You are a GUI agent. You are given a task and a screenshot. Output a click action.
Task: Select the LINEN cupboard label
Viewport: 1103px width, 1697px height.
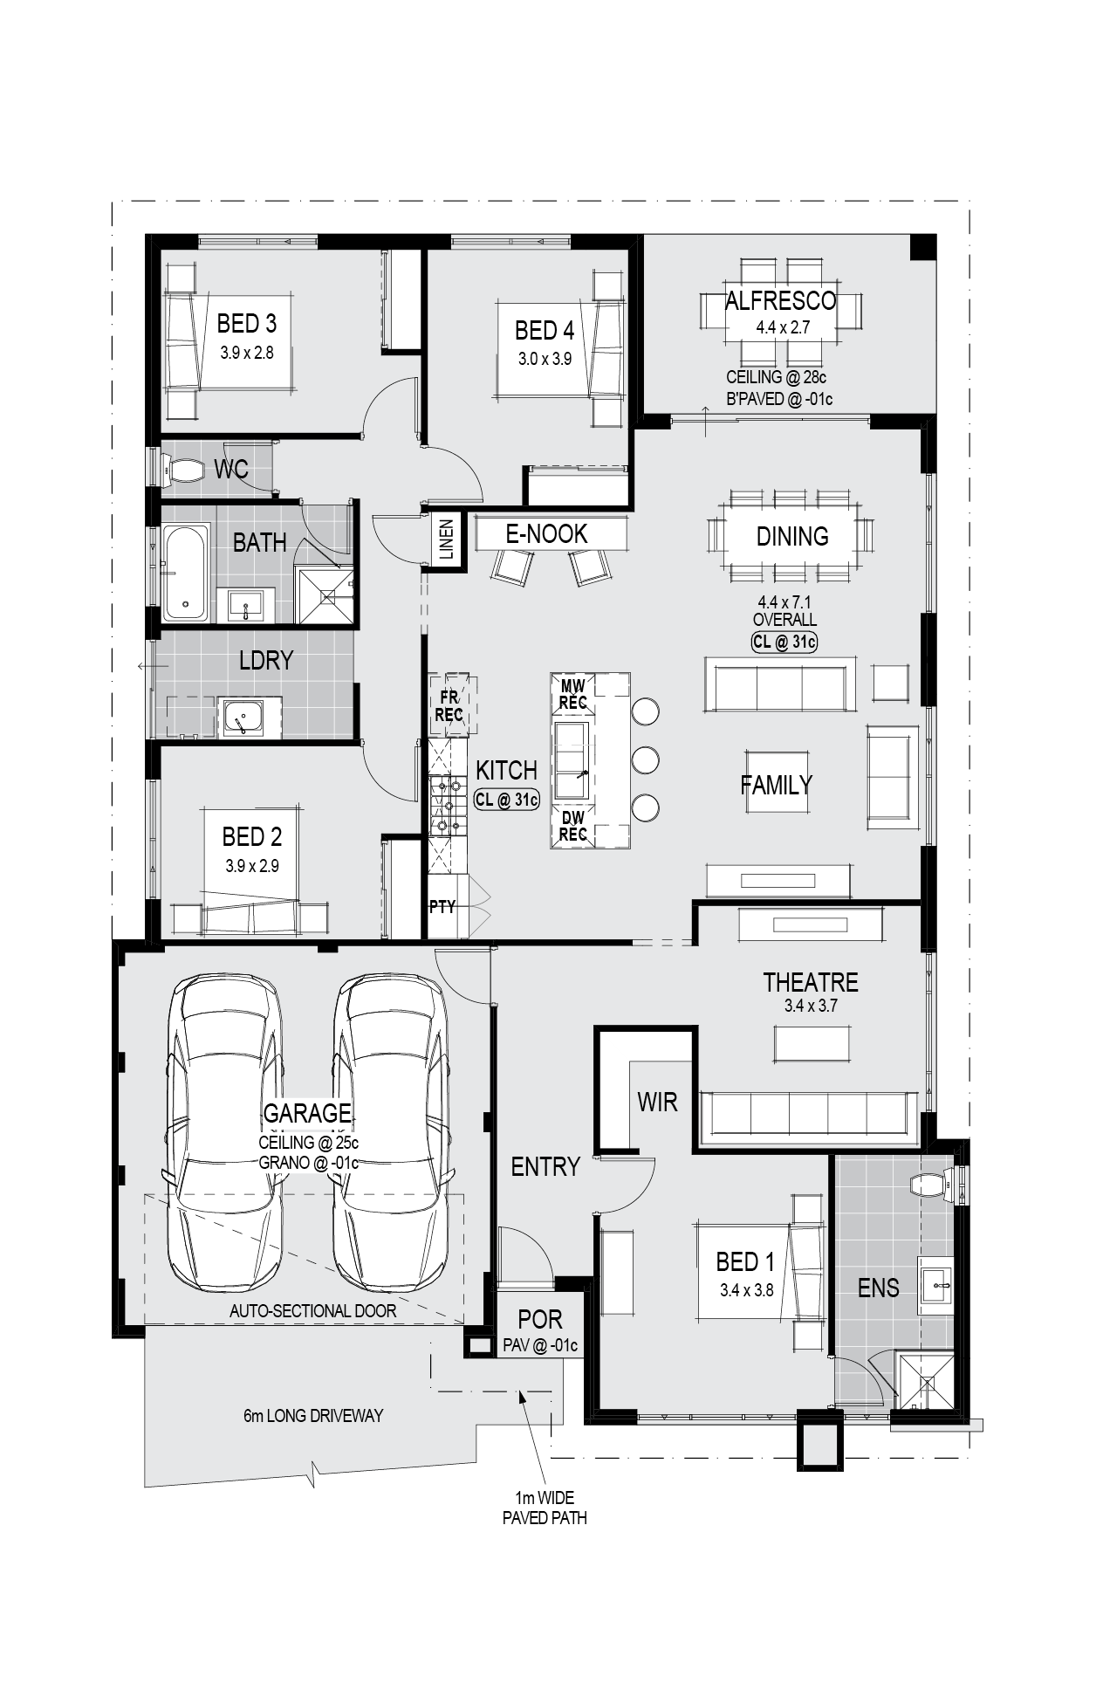(x=447, y=539)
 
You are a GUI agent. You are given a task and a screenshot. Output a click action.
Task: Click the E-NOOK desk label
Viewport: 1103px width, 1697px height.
(x=547, y=533)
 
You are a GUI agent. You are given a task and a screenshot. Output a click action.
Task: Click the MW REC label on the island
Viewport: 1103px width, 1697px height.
(x=572, y=693)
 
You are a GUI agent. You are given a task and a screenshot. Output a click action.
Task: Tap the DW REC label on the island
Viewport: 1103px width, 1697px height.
(x=572, y=826)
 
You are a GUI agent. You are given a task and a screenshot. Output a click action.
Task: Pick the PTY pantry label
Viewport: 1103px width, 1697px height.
(x=442, y=907)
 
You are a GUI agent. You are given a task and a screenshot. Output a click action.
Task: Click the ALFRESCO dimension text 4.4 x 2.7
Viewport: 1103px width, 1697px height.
(x=783, y=329)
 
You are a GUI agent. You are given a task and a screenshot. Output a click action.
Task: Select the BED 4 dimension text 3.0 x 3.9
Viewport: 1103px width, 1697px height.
(x=544, y=358)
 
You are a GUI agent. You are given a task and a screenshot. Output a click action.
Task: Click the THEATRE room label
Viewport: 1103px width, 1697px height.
(x=811, y=982)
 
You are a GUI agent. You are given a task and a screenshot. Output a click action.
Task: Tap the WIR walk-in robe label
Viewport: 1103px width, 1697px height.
(x=657, y=1102)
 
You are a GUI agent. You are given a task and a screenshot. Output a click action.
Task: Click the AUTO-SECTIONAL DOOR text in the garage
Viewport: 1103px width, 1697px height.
(x=312, y=1311)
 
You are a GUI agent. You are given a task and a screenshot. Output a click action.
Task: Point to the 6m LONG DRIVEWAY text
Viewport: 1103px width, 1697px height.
(x=313, y=1415)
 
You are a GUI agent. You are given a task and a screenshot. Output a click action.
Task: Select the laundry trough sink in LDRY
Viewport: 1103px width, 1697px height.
(x=245, y=718)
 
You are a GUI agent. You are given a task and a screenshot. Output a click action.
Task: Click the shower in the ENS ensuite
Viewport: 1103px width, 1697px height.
(x=927, y=1383)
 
